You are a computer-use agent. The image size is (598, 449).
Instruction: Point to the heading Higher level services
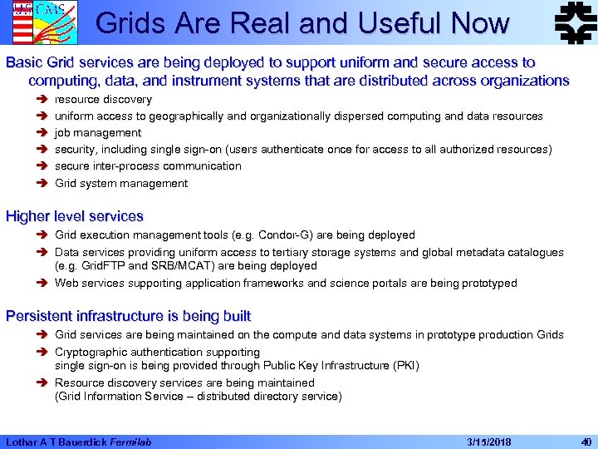pyautogui.click(x=75, y=216)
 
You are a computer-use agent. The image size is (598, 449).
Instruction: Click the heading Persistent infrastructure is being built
pyautogui.click(x=128, y=316)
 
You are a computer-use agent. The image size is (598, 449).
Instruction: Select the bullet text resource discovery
pyautogui.click(x=103, y=100)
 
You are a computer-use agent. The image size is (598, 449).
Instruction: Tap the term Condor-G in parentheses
pyautogui.click(x=298, y=235)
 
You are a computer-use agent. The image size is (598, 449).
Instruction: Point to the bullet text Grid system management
pyautogui.click(x=121, y=183)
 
